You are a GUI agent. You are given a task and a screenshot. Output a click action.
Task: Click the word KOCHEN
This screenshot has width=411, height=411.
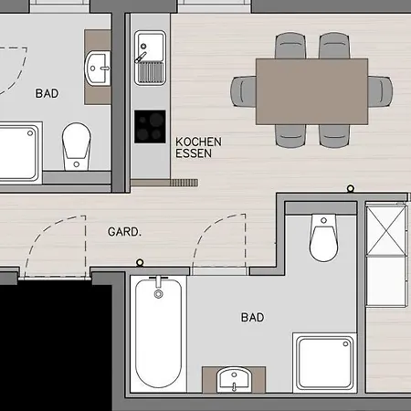[x=198, y=143]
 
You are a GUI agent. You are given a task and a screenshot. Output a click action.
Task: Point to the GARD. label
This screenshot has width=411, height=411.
[x=125, y=232]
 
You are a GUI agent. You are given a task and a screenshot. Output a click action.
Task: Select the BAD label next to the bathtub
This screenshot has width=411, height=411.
[x=253, y=318]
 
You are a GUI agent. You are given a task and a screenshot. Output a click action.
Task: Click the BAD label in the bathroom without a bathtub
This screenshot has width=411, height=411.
[x=47, y=93]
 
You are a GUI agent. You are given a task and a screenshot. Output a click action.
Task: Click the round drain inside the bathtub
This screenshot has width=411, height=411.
[x=160, y=294]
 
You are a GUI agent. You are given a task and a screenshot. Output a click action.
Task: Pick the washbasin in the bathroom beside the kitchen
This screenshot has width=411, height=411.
[x=98, y=66]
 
